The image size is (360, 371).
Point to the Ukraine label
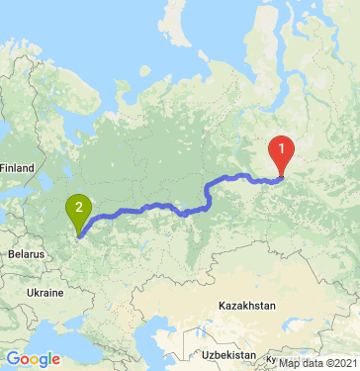point(45,294)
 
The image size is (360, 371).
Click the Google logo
point(33,359)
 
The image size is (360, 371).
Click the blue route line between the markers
point(148,207)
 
